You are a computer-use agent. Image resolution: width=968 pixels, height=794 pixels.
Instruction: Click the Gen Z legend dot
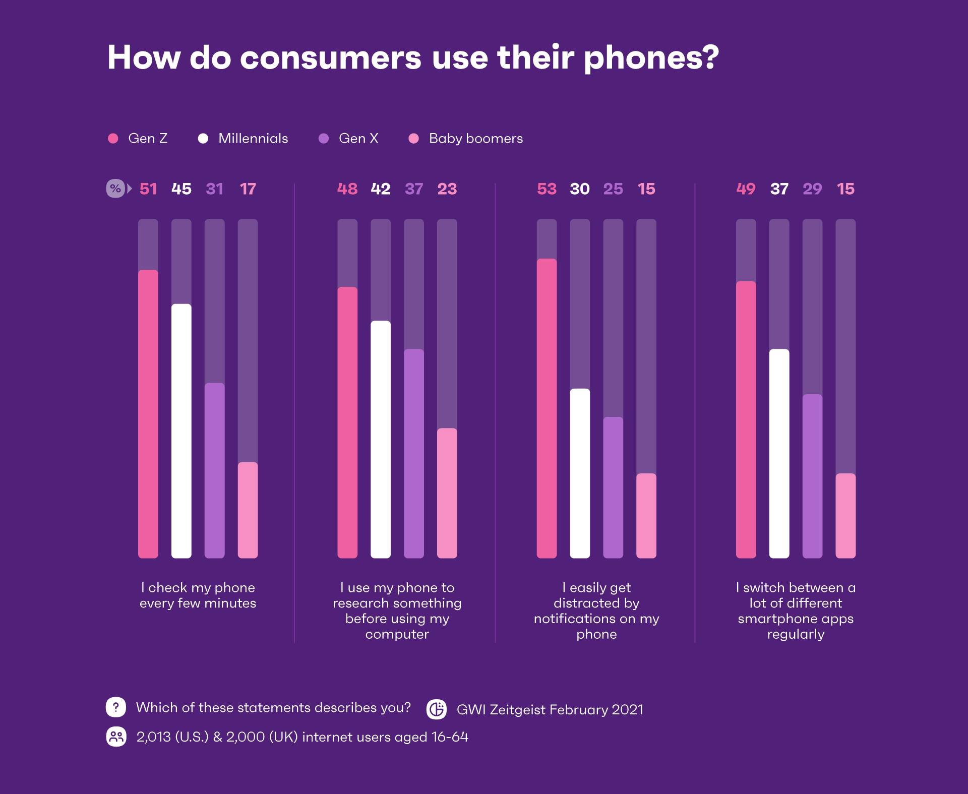(113, 139)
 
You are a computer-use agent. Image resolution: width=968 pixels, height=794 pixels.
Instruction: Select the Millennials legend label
(253, 139)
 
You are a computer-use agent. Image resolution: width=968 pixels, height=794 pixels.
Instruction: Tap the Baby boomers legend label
(475, 139)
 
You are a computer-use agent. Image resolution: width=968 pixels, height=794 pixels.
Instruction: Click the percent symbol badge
(115, 189)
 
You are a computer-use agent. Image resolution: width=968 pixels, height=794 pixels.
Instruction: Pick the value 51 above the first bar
(148, 189)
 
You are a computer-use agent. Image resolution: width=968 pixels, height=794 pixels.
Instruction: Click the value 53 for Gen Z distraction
(547, 189)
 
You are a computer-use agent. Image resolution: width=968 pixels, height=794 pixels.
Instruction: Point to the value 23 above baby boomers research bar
(447, 189)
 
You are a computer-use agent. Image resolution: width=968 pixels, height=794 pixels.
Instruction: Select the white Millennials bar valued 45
(181, 431)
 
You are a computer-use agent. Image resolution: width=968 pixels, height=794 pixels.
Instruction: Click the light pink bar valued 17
(248, 510)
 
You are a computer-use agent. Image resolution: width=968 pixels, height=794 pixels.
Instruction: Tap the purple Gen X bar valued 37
(414, 453)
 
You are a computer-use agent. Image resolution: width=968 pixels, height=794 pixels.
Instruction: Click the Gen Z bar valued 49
(746, 419)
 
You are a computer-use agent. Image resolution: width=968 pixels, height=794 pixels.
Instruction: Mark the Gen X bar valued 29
(812, 476)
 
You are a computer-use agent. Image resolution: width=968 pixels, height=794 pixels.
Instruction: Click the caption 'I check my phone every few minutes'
(198, 595)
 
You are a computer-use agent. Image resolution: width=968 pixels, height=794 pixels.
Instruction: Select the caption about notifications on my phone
(596, 610)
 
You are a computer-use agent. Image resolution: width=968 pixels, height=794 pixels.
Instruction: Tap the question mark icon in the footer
(116, 707)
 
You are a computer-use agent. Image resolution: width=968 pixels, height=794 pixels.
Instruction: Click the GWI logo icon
(437, 709)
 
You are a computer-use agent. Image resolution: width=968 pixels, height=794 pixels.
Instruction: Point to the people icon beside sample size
(116, 737)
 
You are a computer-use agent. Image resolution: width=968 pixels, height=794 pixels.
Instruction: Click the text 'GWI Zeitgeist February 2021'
(550, 710)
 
